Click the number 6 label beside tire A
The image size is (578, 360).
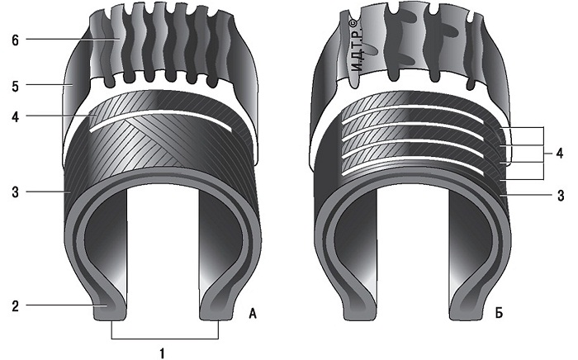click(15, 40)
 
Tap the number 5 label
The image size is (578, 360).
click(15, 87)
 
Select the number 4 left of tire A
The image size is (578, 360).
click(15, 117)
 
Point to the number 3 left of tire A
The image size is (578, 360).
click(15, 192)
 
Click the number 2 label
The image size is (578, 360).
click(15, 306)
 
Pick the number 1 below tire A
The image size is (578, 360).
click(162, 353)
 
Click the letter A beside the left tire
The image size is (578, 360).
click(253, 314)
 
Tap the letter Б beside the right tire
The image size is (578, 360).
click(499, 314)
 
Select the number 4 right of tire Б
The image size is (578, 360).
click(560, 153)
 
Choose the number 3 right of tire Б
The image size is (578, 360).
click(561, 196)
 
